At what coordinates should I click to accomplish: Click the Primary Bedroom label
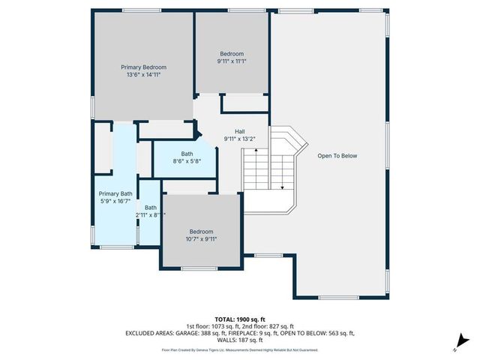tap(143, 67)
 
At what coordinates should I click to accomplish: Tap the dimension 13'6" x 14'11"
tap(143, 75)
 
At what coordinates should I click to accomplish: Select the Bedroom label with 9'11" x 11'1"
tap(232, 53)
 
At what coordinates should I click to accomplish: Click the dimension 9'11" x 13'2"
tap(240, 139)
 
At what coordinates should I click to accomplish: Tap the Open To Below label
tap(337, 156)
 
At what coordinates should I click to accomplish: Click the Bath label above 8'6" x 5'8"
tap(187, 153)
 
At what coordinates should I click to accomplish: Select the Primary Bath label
tap(115, 193)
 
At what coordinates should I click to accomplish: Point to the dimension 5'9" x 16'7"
tap(115, 201)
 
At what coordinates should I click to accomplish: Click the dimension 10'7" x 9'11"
tap(201, 239)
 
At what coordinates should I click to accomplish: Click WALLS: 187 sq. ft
tap(240, 340)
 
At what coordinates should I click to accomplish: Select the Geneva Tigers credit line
tap(239, 349)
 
